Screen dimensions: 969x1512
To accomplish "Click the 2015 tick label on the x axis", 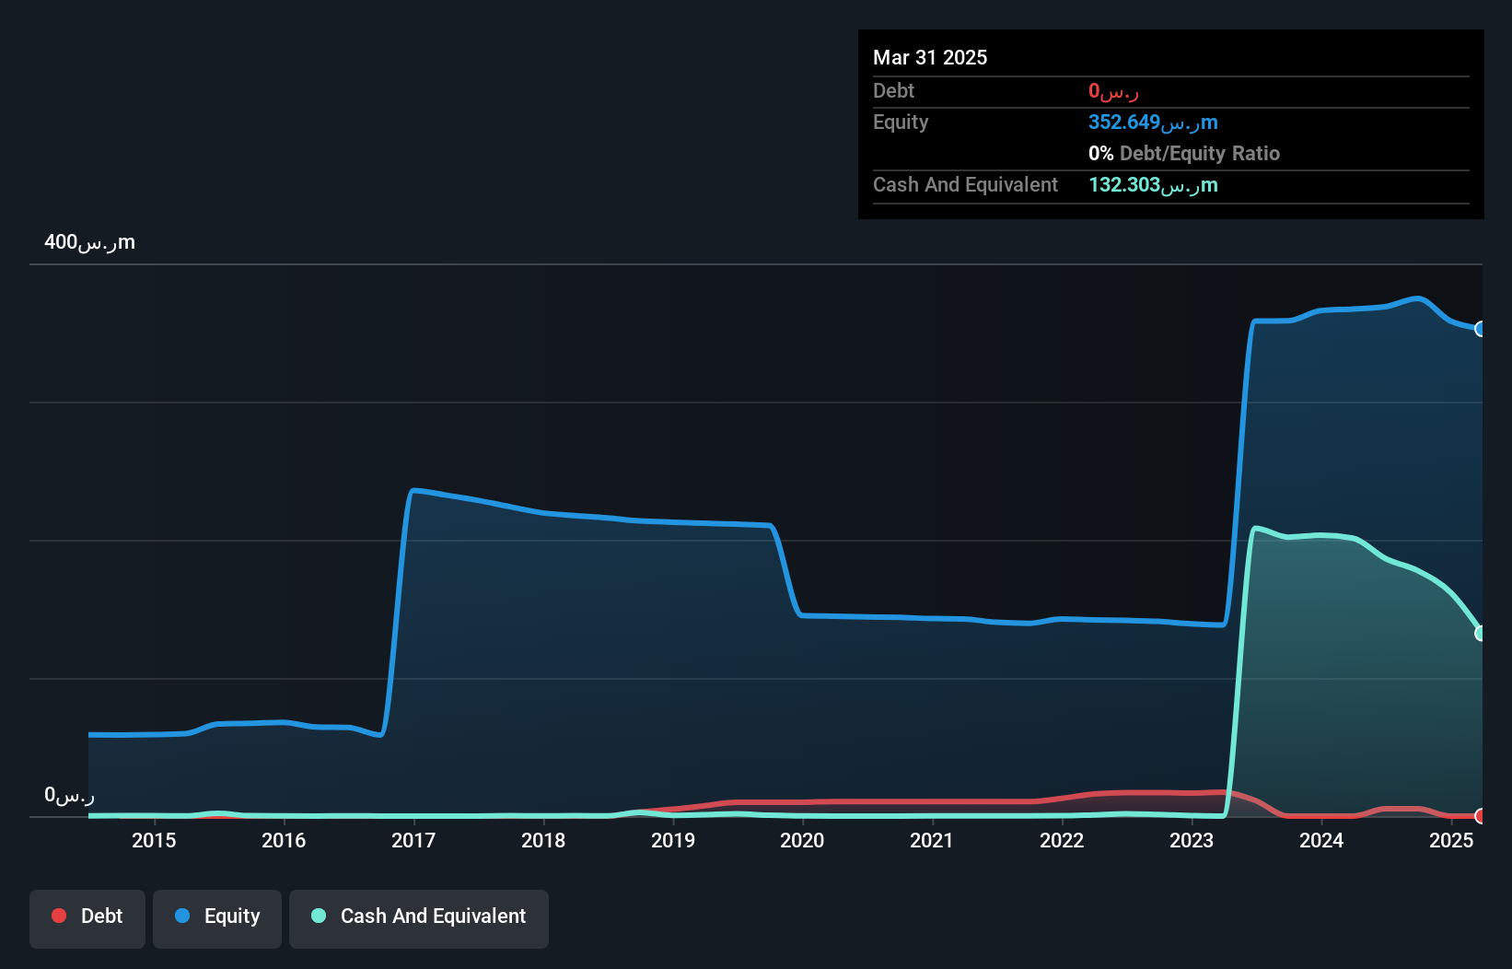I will click(x=154, y=840).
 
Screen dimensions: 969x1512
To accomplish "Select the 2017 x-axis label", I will click(x=413, y=840).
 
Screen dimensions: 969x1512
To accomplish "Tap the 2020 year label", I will click(x=802, y=840).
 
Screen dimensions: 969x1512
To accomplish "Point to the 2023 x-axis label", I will click(x=1192, y=840).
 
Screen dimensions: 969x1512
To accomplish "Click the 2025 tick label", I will click(x=1451, y=840).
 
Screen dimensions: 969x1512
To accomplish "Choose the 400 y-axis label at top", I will click(x=89, y=242).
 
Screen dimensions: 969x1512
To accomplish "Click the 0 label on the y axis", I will click(x=69, y=795).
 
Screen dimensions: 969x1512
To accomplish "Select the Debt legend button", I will click(x=87, y=916).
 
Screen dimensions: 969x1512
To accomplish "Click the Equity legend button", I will click(x=217, y=916).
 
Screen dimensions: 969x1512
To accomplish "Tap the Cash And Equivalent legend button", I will click(x=419, y=916).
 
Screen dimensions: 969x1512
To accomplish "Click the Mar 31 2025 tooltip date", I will click(x=930, y=57).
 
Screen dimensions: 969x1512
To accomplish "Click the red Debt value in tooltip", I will click(x=1113, y=91).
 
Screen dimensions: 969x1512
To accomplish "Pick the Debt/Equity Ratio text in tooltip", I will click(x=1199, y=154).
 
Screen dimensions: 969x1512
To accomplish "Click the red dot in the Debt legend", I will click(x=59, y=916).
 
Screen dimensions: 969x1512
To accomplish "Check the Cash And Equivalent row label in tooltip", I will click(x=965, y=185).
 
